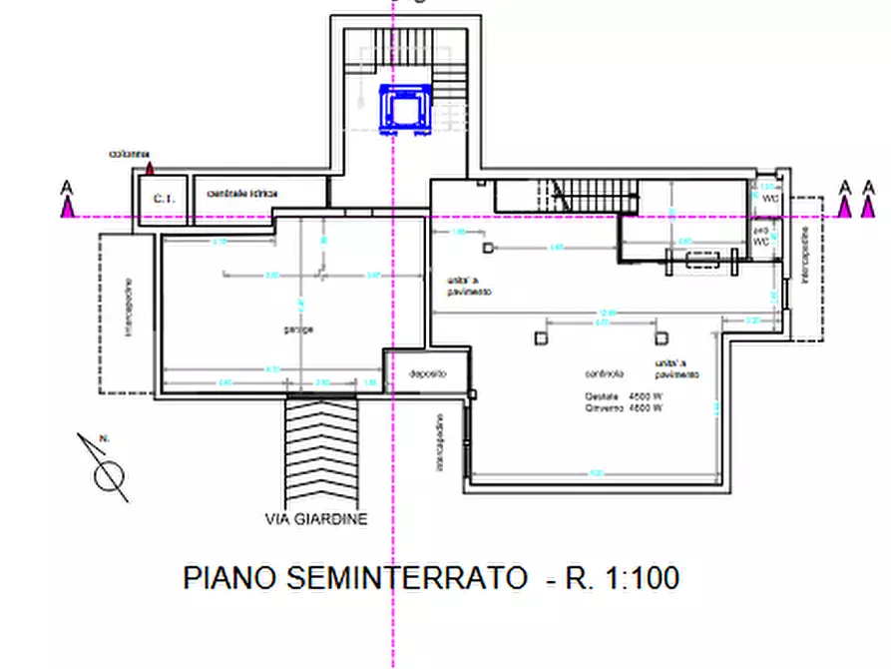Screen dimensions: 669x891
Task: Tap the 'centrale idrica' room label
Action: (x=242, y=192)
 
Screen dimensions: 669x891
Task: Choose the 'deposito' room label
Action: (x=427, y=373)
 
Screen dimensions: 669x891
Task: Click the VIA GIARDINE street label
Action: (x=316, y=519)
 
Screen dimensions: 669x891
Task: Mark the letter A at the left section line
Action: (x=67, y=187)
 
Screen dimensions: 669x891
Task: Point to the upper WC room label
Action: (x=769, y=199)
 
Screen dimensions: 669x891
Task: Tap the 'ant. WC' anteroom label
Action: (x=761, y=237)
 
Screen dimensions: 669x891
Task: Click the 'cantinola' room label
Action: (x=605, y=373)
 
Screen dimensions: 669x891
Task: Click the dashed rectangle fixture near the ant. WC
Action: (x=703, y=261)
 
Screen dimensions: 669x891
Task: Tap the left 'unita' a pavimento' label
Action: (x=461, y=287)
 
